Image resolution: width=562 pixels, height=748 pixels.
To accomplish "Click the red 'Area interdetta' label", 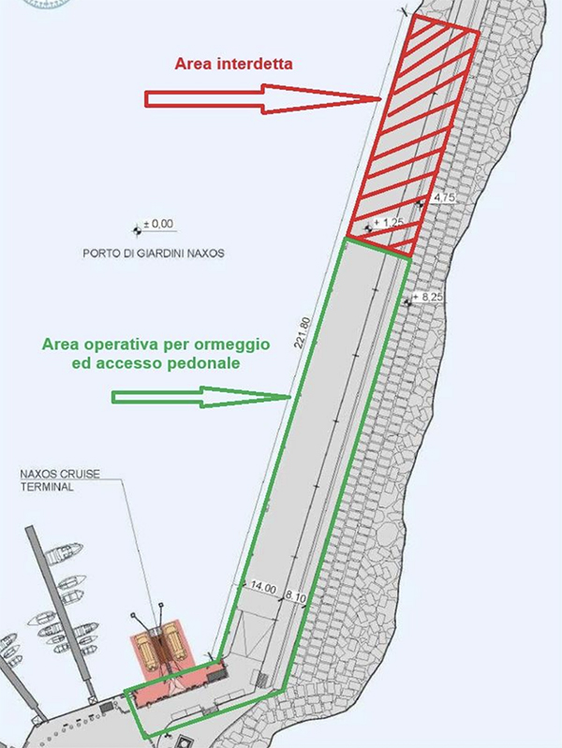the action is pyautogui.click(x=233, y=64).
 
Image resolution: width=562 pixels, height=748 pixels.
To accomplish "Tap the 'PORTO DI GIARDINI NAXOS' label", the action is pyautogui.click(x=154, y=253).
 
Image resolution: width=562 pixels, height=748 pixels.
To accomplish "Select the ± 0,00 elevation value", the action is pyautogui.click(x=158, y=224).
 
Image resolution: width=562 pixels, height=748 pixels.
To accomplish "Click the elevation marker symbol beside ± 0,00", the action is pyautogui.click(x=137, y=231).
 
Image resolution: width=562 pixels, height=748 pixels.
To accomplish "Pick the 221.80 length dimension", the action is pyautogui.click(x=303, y=332).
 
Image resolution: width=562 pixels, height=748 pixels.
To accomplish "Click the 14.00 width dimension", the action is pyautogui.click(x=263, y=588).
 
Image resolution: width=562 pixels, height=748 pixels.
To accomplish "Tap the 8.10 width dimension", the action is pyautogui.click(x=295, y=596).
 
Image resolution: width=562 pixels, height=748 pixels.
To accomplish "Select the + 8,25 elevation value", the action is pyautogui.click(x=428, y=297).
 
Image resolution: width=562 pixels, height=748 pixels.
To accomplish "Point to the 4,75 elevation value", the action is pyautogui.click(x=443, y=198).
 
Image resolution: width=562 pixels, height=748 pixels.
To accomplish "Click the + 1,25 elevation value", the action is pyautogui.click(x=389, y=222).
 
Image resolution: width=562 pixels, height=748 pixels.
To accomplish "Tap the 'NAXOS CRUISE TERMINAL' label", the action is pyautogui.click(x=60, y=480).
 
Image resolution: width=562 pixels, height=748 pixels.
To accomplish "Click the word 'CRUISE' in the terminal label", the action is pyautogui.click(x=81, y=475).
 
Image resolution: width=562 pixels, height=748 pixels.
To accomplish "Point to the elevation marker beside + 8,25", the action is pyautogui.click(x=407, y=302).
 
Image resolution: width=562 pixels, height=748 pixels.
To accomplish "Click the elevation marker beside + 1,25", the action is pyautogui.click(x=368, y=228).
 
